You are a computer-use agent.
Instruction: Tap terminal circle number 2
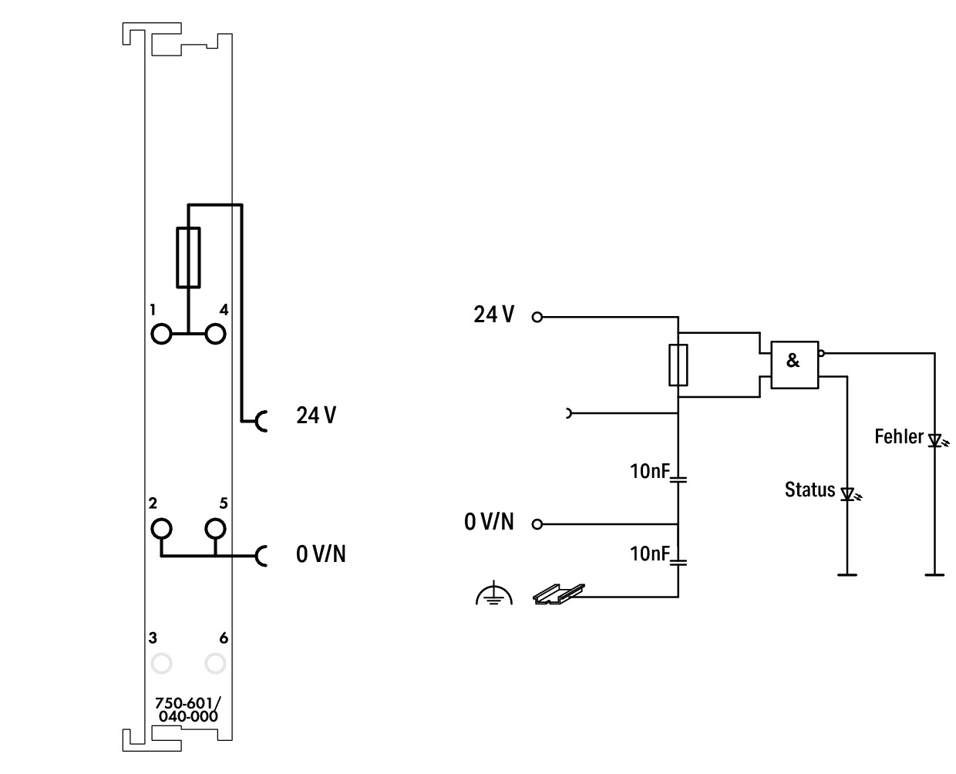(161, 529)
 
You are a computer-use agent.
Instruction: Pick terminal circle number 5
(215, 529)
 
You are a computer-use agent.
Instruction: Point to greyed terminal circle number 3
(161, 663)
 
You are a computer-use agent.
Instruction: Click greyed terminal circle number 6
(215, 663)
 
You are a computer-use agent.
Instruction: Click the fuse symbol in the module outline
(188, 257)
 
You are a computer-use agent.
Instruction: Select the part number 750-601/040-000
(187, 709)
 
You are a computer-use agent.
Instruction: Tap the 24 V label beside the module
(316, 416)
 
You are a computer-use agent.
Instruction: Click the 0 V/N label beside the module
(321, 554)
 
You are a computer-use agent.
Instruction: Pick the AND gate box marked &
(794, 365)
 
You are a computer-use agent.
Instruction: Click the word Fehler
(898, 436)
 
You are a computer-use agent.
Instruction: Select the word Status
(810, 490)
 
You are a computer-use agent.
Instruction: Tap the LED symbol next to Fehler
(936, 441)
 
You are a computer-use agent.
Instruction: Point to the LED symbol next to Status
(849, 493)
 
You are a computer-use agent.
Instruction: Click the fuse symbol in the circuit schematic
(678, 365)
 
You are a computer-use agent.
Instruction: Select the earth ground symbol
(493, 594)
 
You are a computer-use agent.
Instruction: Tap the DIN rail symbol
(558, 594)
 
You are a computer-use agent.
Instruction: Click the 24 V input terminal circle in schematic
(537, 317)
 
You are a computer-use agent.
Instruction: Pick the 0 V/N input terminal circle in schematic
(537, 524)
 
